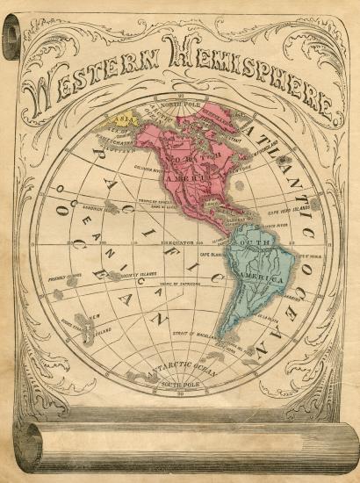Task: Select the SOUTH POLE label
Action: tap(179, 386)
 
